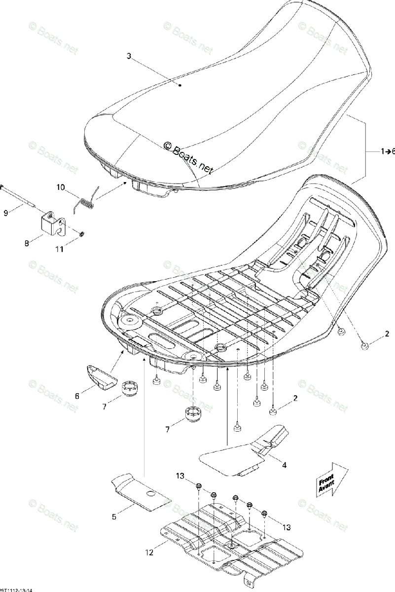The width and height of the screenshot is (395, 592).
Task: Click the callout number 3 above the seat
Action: (129, 56)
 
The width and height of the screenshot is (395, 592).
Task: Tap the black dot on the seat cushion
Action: (180, 85)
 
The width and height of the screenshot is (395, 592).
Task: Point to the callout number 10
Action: (61, 187)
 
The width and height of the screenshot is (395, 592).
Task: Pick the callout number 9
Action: (6, 213)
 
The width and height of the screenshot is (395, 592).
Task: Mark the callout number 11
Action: (59, 250)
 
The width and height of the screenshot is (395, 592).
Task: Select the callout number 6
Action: (77, 396)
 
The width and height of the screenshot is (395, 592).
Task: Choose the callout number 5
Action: (114, 517)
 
